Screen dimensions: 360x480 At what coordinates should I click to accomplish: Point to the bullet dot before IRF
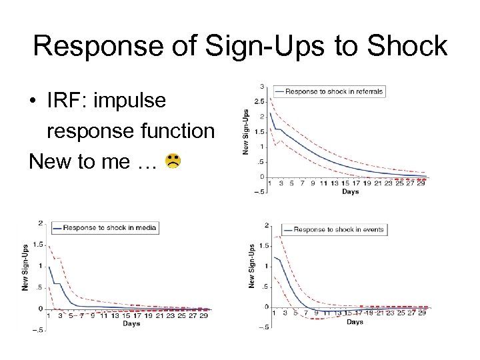click(x=32, y=102)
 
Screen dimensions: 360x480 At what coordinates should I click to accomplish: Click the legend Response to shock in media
click(x=109, y=228)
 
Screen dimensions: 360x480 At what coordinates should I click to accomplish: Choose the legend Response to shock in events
click(x=338, y=229)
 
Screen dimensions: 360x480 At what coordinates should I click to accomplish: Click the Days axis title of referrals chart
click(x=350, y=192)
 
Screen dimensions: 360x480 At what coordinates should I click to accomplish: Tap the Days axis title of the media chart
click(x=131, y=324)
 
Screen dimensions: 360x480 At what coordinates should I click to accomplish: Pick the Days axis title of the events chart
click(x=355, y=322)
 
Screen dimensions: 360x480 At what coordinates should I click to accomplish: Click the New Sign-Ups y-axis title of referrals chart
click(x=245, y=132)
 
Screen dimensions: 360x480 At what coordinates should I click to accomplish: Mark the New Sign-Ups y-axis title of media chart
click(x=25, y=266)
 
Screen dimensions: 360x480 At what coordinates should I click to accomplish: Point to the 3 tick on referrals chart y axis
click(x=262, y=86)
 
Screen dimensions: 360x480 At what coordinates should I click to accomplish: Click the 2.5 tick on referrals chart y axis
click(x=259, y=101)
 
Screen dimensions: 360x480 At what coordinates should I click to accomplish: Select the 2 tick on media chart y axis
click(x=41, y=223)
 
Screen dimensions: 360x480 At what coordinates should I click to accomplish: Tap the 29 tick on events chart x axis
click(x=421, y=313)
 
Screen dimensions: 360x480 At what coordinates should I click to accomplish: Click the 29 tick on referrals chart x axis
click(x=421, y=183)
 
